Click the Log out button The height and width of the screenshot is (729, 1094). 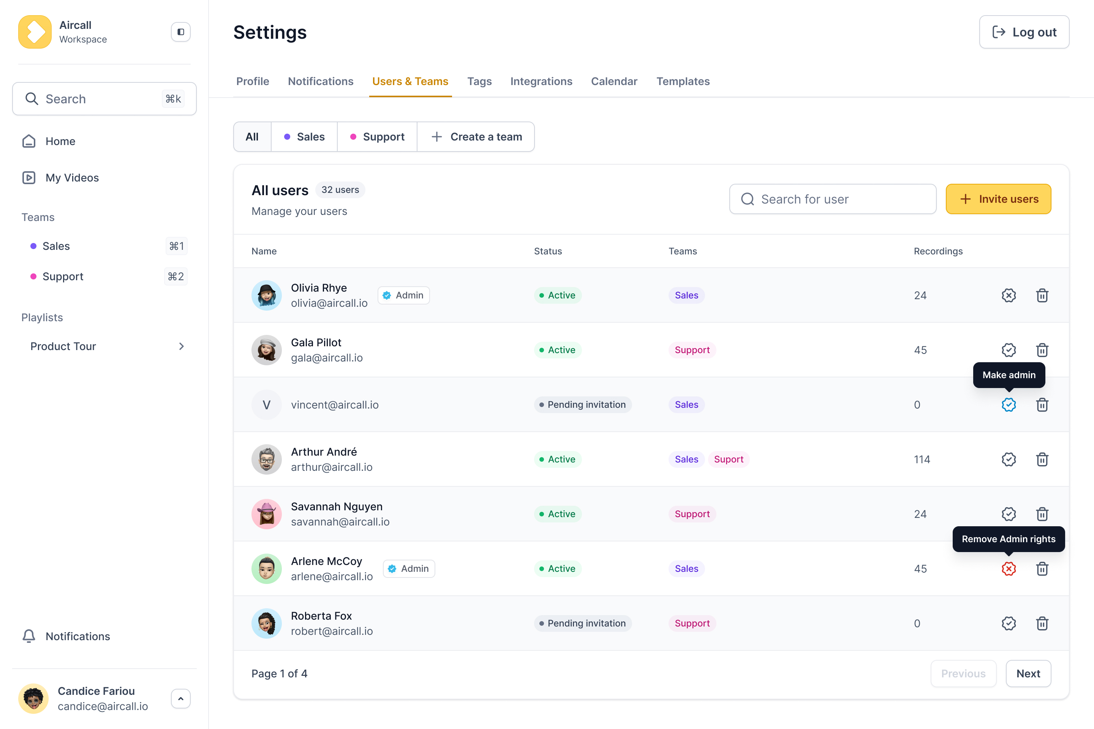pos(1024,32)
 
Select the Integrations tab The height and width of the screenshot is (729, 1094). pos(541,81)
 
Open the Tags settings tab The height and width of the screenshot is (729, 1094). pos(479,81)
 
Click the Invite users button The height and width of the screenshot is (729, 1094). pos(998,199)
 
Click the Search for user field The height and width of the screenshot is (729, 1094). pos(833,199)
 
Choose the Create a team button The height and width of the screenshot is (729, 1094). pos(476,137)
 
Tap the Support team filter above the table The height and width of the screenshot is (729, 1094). pos(377,137)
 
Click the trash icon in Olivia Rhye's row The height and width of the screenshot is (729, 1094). pos(1042,295)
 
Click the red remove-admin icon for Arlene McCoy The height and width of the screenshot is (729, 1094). pos(1009,569)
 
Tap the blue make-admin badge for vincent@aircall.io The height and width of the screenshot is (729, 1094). pos(1009,404)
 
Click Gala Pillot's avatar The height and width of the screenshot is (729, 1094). pos(267,350)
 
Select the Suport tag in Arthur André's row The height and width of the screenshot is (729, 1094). pos(729,459)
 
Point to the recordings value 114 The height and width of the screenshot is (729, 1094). pos(922,459)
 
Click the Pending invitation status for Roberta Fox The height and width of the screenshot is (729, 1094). pos(582,623)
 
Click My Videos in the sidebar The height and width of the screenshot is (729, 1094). pos(72,178)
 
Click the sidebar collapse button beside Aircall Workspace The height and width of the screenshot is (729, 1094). pos(180,32)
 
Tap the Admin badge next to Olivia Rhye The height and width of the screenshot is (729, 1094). pos(403,295)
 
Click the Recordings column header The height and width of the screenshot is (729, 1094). pos(938,251)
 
